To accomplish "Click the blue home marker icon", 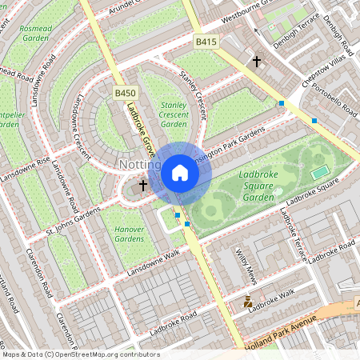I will tap(180, 172).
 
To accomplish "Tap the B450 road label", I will tap(125, 94).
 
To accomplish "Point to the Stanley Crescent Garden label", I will tap(174, 114).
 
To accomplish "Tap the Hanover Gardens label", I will tap(128, 234).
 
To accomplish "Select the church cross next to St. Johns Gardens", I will tap(143, 186).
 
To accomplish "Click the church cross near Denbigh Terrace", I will tap(257, 61).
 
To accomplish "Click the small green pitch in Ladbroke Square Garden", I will tap(320, 171).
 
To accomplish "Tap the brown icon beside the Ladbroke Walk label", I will tap(248, 302).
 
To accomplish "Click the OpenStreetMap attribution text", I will tap(81, 354).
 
